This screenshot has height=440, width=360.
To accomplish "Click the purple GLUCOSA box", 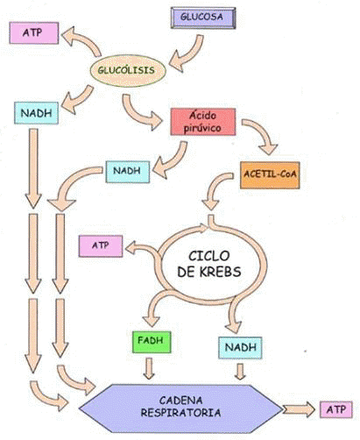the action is pos(203,18).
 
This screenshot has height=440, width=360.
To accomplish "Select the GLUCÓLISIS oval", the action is pos(128,70).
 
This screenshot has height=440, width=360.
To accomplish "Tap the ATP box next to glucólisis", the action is pos(34,33).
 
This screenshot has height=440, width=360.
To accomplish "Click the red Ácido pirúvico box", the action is pos(203,122).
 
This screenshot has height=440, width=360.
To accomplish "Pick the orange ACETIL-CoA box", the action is pos(270,174).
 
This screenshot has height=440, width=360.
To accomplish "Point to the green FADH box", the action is pos(152,342).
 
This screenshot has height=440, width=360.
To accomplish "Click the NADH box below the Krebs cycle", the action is pos(240,348).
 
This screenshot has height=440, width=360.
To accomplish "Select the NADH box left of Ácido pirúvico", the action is pos(128,172).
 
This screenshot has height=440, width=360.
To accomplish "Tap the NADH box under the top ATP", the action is pos(36,113).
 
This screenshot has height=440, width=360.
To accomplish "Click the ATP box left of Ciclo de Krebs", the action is pos(101,246).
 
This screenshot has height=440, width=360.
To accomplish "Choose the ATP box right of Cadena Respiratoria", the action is pos(336,409).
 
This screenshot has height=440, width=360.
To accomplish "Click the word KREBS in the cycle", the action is pos(221,272).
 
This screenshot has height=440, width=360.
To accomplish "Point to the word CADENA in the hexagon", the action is pos(180,400).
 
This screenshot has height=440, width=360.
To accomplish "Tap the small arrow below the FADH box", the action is pos(149,369).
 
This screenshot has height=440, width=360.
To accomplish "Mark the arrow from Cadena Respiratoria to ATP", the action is pos(299,409).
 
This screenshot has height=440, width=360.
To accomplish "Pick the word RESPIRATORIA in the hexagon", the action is pos(180,413).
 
